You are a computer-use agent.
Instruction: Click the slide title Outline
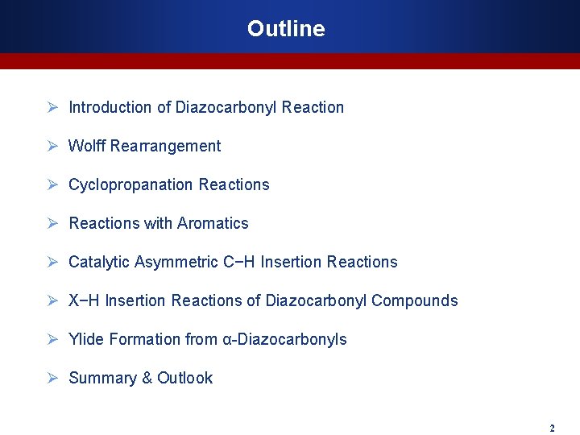tap(286, 29)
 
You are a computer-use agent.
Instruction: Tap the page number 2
tap(552, 428)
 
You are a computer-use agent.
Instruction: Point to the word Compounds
tap(414, 300)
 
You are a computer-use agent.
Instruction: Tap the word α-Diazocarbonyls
tap(284, 339)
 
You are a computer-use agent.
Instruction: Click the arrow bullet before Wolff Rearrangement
tap(52, 146)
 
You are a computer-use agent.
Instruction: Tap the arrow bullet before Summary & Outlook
tap(52, 378)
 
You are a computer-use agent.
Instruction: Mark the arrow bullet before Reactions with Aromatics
tap(52, 223)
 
